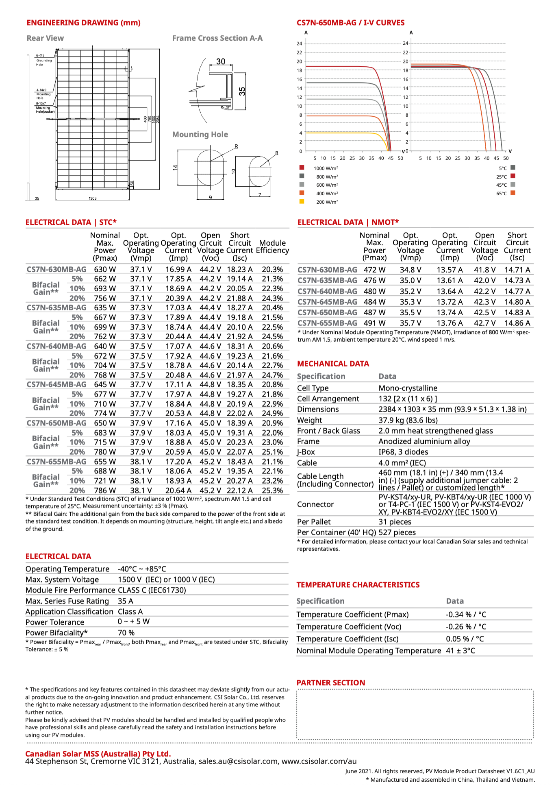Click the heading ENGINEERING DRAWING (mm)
[x=84, y=23]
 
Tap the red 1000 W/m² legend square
[x=302, y=168]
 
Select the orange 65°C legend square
[x=513, y=193]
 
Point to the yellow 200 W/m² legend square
[x=302, y=201]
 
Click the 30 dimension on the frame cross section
[x=221, y=61]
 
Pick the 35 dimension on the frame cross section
[x=242, y=92]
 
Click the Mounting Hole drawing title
[x=200, y=135]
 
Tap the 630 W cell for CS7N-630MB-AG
[x=105, y=269]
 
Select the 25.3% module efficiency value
[x=272, y=491]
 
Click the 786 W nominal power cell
[x=105, y=491]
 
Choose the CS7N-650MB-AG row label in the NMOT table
[x=327, y=312]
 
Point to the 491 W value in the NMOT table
[x=374, y=323]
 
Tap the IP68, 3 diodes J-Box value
[x=403, y=452]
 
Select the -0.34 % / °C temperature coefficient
[x=466, y=615]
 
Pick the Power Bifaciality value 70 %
[x=126, y=633]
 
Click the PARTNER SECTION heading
[x=331, y=683]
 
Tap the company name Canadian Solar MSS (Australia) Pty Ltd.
[x=98, y=754]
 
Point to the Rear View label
[x=45, y=38]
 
